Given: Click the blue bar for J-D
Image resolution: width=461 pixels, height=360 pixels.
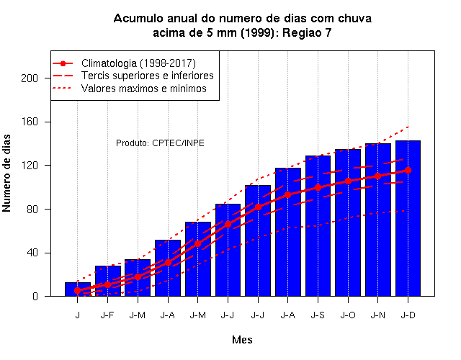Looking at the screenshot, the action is tap(408, 218).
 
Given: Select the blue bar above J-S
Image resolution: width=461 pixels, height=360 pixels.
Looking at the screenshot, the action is tap(318, 225).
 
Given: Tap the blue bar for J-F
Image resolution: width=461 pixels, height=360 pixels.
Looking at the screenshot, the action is tap(108, 281).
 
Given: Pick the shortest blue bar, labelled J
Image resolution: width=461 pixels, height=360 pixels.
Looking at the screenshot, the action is tap(78, 289).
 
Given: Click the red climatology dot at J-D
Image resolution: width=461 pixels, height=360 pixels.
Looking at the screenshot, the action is tap(408, 170).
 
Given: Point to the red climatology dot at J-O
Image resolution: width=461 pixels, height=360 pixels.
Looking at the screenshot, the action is tap(348, 181).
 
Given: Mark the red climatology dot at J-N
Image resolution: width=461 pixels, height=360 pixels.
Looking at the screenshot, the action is tap(378, 176).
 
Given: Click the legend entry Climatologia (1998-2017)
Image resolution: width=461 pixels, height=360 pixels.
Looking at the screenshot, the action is tap(138, 63).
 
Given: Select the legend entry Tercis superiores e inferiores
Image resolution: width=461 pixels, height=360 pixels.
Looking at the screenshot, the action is tap(147, 76).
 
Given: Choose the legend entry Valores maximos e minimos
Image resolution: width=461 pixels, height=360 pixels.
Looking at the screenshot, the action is tap(144, 89).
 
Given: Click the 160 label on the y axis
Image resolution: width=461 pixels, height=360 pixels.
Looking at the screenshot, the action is tap(30, 122).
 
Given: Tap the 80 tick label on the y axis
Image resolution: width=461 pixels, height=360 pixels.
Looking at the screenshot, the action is tap(32, 210).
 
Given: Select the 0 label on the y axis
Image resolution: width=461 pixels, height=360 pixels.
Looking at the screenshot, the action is tap(35, 296).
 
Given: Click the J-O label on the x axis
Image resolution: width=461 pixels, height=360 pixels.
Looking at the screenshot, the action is tap(348, 315).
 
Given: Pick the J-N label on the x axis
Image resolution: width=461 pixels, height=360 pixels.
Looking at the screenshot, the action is tap(378, 315).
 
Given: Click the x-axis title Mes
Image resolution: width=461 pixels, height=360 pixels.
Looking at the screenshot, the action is tap(242, 340).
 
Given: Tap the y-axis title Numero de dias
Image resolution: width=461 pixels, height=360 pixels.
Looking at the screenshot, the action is tap(6, 174).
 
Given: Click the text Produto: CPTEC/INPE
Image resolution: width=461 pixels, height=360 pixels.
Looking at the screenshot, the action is tap(160, 143).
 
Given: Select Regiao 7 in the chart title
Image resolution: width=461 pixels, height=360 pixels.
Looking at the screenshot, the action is tap(307, 33).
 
